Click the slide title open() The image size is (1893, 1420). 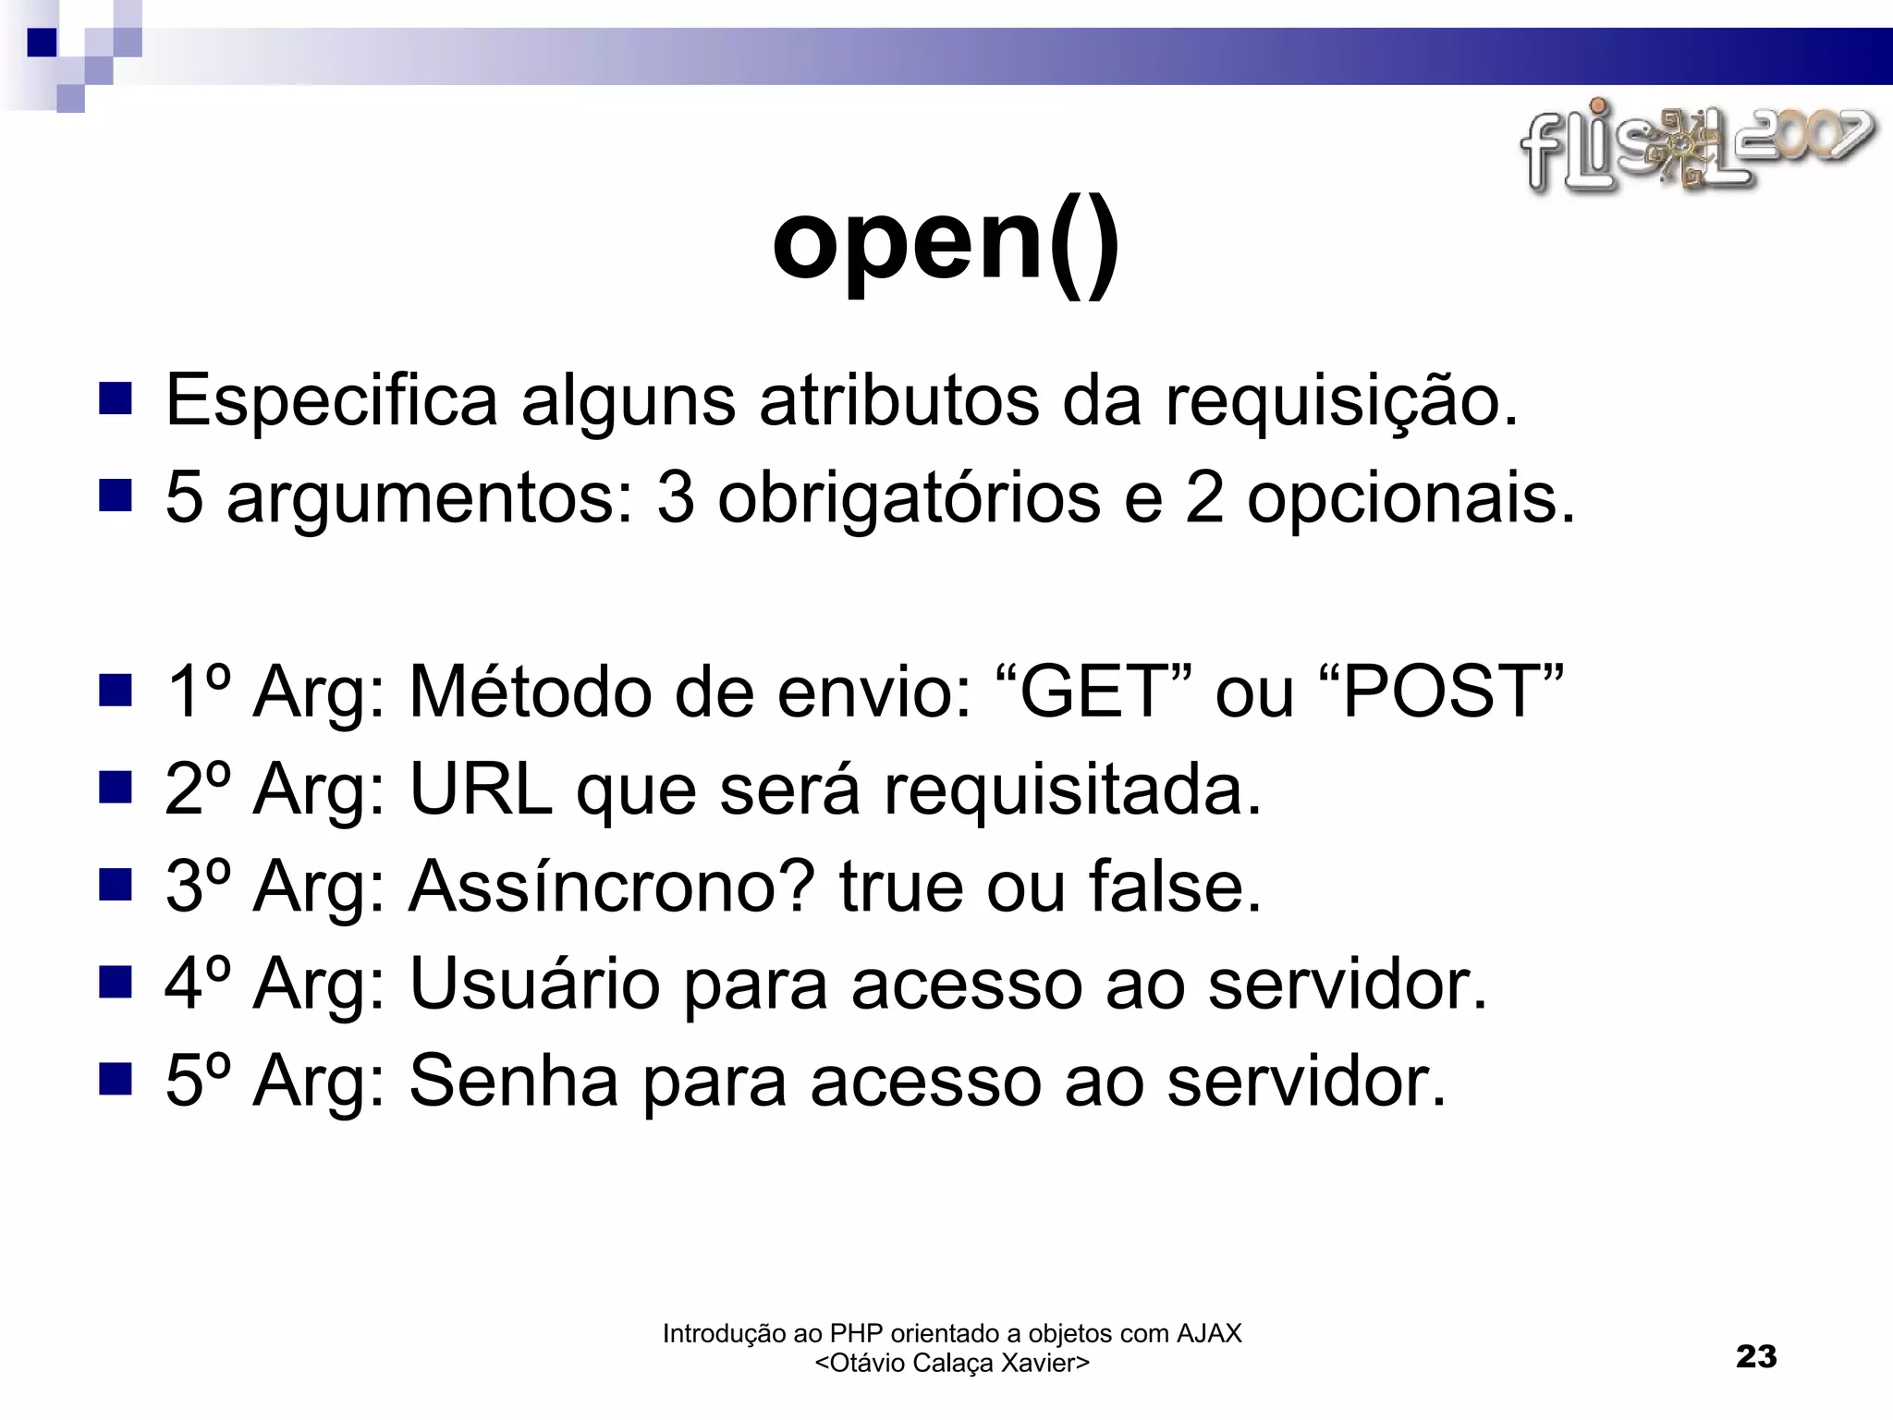[x=946, y=243]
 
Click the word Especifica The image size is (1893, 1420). [x=332, y=400]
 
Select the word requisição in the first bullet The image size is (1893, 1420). [x=1340, y=400]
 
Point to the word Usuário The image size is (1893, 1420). [x=534, y=984]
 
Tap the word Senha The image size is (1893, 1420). [x=513, y=1081]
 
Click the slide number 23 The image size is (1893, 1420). [x=1756, y=1357]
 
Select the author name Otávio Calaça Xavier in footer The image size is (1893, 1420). [x=952, y=1364]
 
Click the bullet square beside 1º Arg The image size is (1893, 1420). [x=116, y=691]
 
